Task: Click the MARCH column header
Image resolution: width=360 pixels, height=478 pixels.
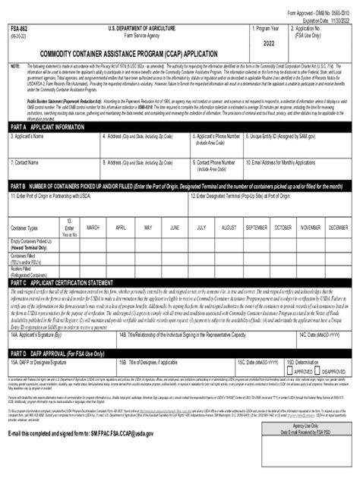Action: pos(94,227)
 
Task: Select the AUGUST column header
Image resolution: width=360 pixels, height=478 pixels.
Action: pos(229,227)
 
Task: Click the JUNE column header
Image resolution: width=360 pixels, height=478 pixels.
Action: pos(175,227)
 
